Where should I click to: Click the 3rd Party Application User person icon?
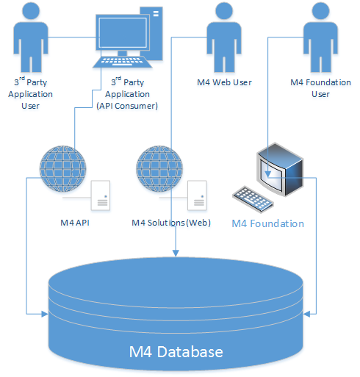coord(27,37)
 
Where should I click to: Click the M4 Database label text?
coord(176,352)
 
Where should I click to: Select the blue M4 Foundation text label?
coord(267,223)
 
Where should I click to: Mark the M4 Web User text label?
coord(224,82)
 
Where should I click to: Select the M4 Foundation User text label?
coord(320,87)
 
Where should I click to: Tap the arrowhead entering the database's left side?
coord(44,314)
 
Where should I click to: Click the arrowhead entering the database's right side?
coord(308,314)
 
